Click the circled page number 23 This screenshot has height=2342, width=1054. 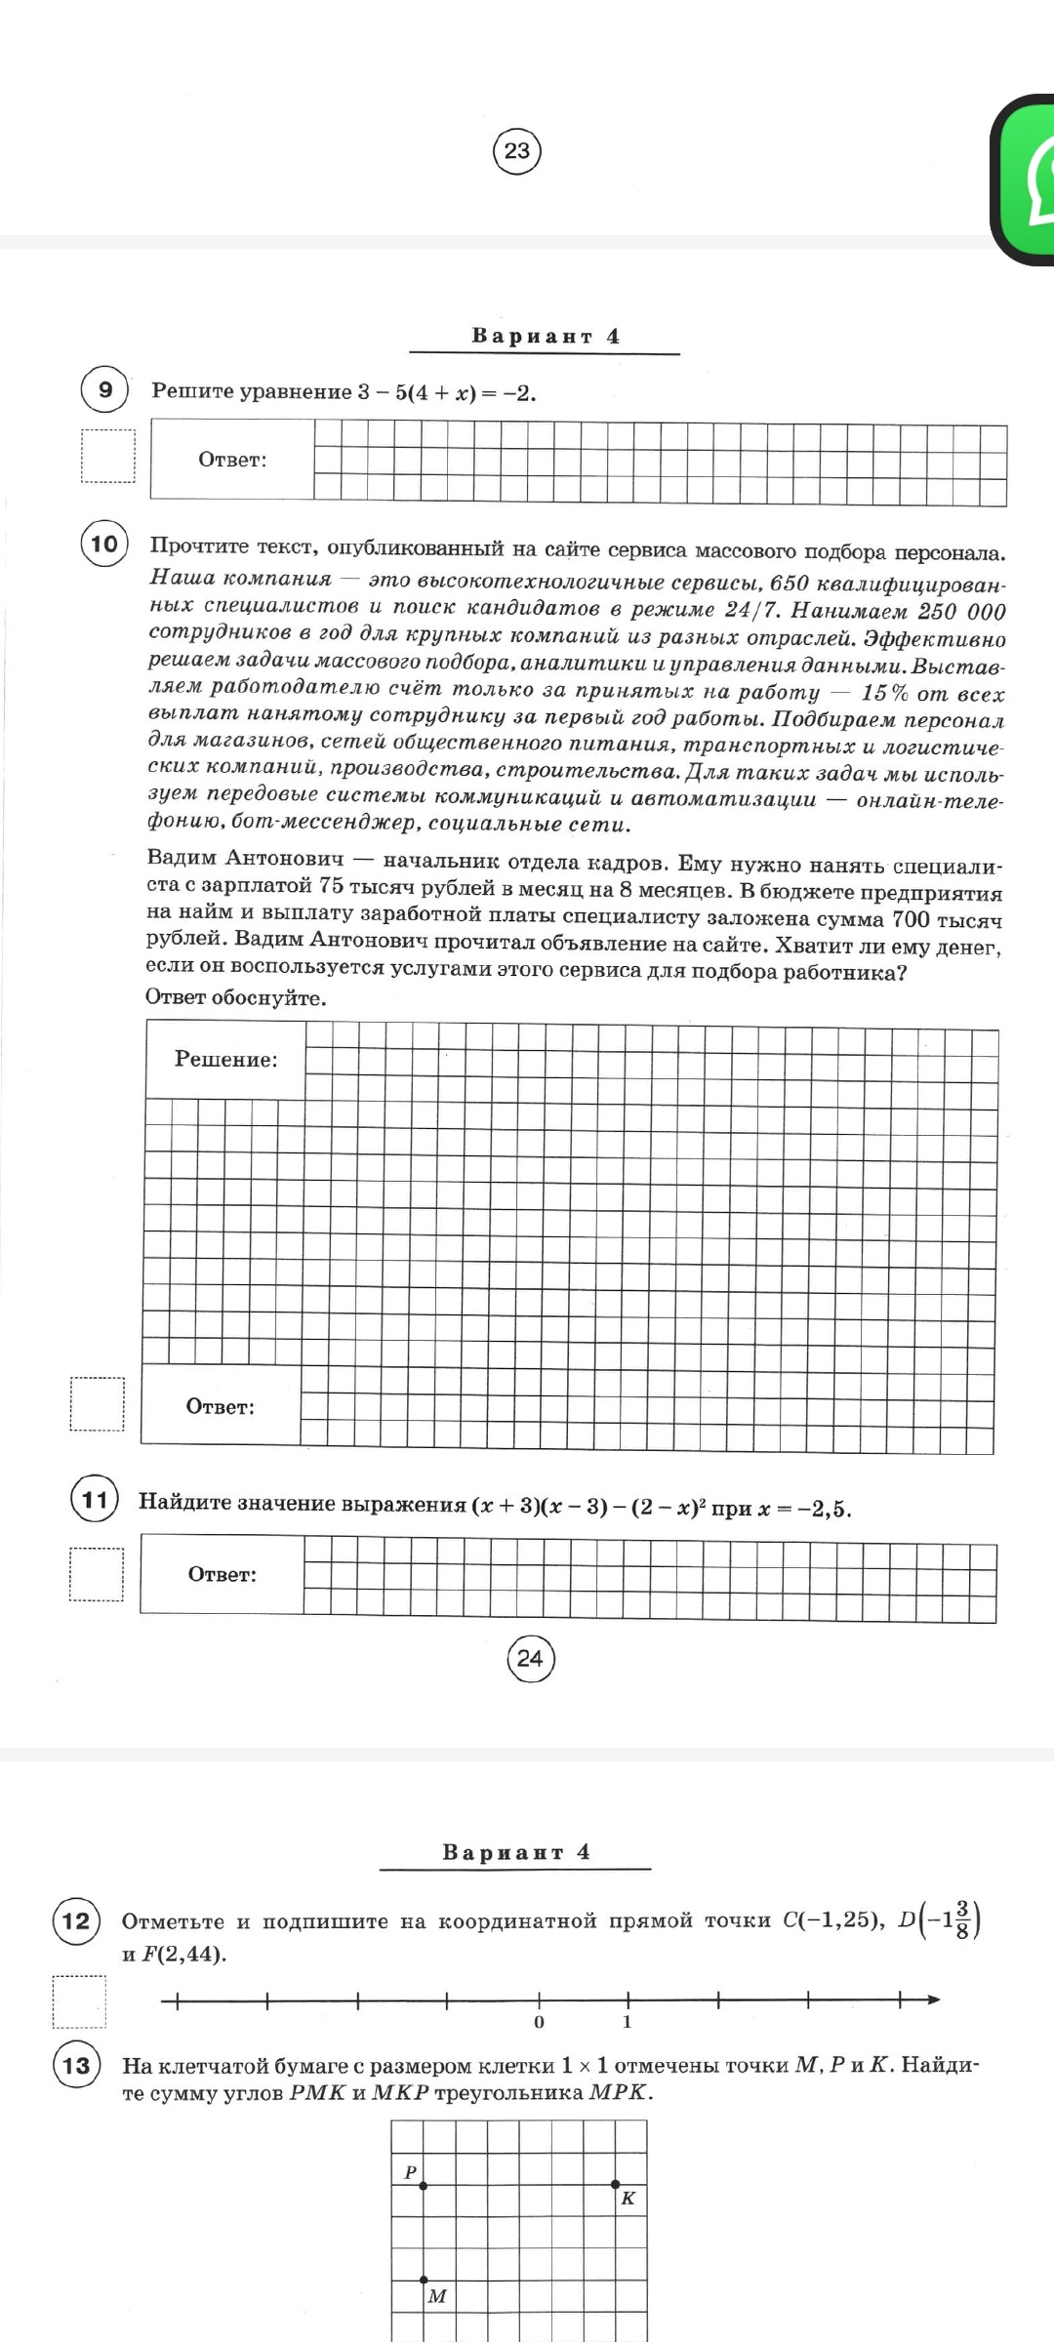click(516, 151)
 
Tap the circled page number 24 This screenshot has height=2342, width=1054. click(530, 1658)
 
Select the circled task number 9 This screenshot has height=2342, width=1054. click(104, 390)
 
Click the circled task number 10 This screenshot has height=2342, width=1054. click(104, 544)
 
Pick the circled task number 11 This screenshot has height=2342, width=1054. click(95, 1499)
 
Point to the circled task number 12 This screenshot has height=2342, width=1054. click(76, 1921)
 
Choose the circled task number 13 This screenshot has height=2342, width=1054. click(76, 2066)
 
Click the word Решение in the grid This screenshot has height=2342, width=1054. click(225, 1060)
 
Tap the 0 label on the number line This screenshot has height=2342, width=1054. click(539, 2022)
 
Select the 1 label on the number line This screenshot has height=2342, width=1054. click(628, 2022)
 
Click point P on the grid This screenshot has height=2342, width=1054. click(423, 2185)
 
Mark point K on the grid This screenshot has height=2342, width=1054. click(615, 2184)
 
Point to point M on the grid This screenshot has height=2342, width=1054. click(423, 2280)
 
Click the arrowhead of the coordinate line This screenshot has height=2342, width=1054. click(933, 1999)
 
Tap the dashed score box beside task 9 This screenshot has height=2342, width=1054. click(107, 457)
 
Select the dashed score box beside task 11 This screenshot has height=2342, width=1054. click(97, 1574)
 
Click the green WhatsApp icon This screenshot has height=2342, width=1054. click(1025, 180)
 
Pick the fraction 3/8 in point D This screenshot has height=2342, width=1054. click(962, 1919)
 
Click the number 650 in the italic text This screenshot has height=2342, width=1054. click(790, 584)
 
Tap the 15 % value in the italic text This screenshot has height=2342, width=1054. click(884, 694)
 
